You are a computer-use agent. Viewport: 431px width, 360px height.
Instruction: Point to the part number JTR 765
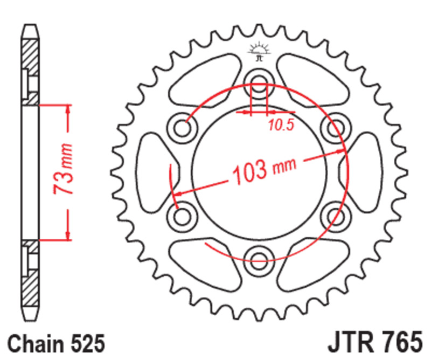[x=373, y=343]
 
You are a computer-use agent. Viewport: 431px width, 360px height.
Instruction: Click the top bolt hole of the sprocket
[x=259, y=82]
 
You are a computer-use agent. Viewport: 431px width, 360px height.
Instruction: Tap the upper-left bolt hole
[x=184, y=127]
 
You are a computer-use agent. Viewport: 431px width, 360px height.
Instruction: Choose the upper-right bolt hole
[x=334, y=127]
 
